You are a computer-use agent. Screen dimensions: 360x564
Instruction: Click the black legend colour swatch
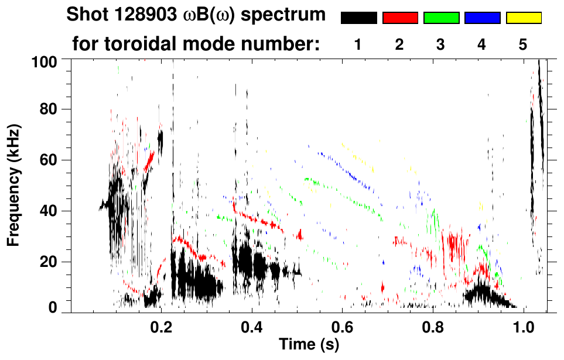coord(358,18)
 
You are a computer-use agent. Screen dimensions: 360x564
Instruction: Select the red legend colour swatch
coord(400,18)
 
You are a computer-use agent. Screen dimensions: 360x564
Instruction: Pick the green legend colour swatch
coord(441,18)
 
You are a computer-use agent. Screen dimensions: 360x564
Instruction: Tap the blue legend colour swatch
coord(482,18)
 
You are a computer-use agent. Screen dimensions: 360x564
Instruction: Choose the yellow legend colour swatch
coord(523,18)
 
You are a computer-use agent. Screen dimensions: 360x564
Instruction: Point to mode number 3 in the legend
coord(440,44)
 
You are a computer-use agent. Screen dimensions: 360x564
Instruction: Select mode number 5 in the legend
coord(522,44)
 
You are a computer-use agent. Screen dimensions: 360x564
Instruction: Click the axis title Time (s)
coord(309,345)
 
